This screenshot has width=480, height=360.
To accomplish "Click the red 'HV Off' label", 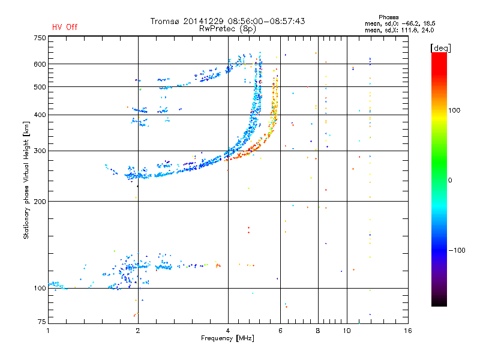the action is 65,27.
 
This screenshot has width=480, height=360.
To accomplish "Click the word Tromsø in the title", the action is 164,21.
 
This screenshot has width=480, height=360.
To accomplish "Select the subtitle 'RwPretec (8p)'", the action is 227,29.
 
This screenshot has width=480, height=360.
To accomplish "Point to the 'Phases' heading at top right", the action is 388,17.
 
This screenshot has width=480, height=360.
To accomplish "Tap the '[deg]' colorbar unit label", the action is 440,48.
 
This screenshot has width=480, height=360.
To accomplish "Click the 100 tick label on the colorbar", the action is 454,110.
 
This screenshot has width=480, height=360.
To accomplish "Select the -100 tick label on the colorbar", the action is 457,250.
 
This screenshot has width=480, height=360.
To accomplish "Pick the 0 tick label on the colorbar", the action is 450,180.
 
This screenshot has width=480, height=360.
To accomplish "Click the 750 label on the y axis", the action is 40,38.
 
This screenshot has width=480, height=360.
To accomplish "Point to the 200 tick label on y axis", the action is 40,202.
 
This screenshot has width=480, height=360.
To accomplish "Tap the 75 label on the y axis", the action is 42,322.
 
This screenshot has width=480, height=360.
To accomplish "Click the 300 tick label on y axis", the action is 40,151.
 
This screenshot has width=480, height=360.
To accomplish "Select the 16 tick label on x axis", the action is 408,331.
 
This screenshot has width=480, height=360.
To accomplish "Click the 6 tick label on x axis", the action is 280,331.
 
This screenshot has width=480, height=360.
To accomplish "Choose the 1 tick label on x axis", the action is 48,331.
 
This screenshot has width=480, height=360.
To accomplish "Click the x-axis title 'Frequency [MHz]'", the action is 227,338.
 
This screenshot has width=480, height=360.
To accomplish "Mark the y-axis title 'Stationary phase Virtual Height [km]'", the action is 26,181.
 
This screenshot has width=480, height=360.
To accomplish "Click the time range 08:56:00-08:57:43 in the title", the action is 266,21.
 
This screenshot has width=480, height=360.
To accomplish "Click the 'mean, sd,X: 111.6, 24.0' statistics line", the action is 399,30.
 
